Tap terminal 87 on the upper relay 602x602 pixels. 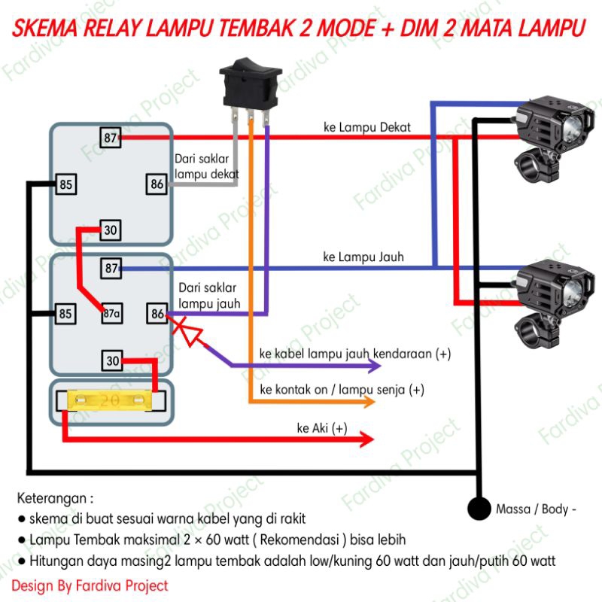tap(111, 138)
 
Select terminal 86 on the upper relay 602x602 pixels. tap(157, 183)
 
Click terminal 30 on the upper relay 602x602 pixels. tap(111, 230)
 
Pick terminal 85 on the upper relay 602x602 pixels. tap(66, 183)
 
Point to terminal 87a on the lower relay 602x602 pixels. tap(112, 314)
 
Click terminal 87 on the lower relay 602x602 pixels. tap(111, 268)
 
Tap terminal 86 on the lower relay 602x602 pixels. tap(157, 314)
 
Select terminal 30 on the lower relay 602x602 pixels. tap(112, 361)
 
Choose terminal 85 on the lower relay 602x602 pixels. tap(66, 314)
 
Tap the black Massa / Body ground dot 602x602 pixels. tap(478, 509)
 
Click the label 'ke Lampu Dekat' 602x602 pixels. tap(366, 127)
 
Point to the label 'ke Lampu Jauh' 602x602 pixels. tap(363, 257)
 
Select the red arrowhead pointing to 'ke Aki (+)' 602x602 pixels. tap(366, 439)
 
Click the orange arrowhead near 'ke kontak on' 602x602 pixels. tap(367, 402)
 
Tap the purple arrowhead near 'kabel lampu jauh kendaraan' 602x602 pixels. tap(374, 366)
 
